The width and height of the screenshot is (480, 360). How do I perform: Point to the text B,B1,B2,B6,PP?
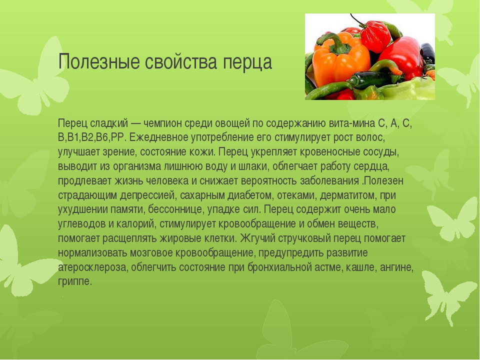pyautogui.click(x=93, y=137)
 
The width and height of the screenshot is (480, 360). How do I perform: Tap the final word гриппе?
pyautogui.click(x=74, y=281)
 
